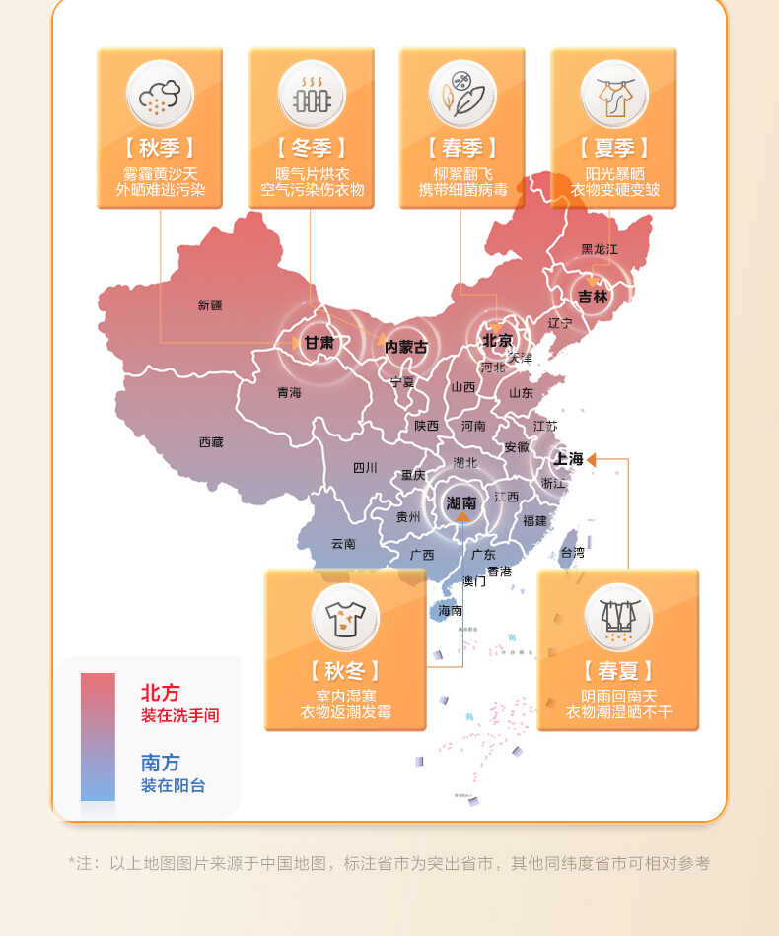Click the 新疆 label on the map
[x=210, y=305]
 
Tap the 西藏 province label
[x=211, y=442]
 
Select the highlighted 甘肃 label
[x=319, y=343]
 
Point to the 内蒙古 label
[x=406, y=347]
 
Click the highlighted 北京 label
[x=497, y=341]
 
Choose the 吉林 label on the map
[x=593, y=296]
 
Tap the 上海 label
[x=569, y=459]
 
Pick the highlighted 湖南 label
[x=460, y=502]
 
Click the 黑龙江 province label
[x=599, y=249]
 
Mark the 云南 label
[x=343, y=543]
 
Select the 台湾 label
[x=572, y=553]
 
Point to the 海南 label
[x=450, y=611]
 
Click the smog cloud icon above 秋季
[x=160, y=95]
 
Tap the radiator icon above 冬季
[x=312, y=95]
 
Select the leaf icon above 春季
[x=462, y=95]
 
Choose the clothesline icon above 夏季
[x=614, y=95]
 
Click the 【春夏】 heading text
[x=618, y=672]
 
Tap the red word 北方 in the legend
[x=161, y=693]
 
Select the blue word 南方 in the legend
[x=161, y=763]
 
